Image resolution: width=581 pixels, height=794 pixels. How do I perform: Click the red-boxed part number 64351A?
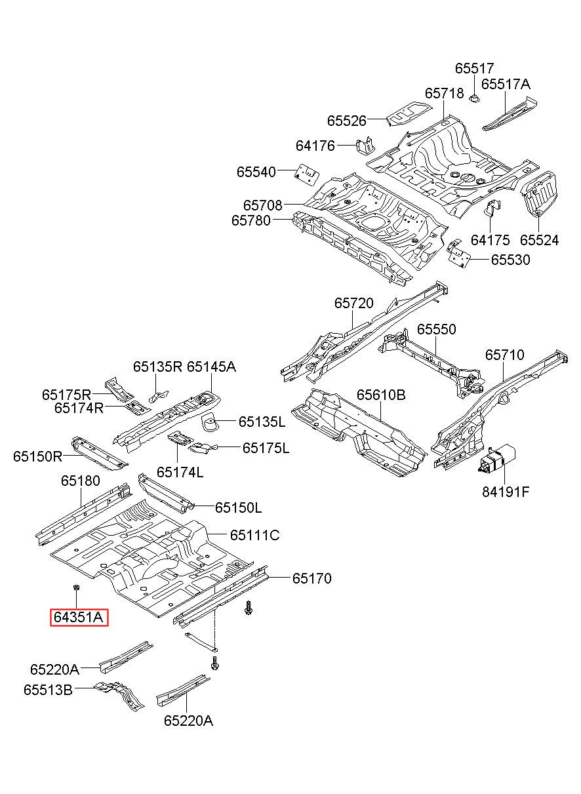click(x=78, y=618)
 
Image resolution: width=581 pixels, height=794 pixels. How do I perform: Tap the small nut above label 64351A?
click(x=77, y=587)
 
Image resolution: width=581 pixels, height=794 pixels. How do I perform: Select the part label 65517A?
click(x=506, y=84)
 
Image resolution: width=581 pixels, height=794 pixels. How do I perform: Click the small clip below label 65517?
click(x=474, y=98)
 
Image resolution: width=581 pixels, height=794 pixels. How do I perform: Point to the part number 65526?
click(x=346, y=121)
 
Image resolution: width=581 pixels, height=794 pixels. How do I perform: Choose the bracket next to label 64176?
click(x=365, y=146)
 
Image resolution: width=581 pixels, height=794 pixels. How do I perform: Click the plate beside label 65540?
click(x=307, y=173)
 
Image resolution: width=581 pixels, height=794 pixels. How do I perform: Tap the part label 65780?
click(x=250, y=220)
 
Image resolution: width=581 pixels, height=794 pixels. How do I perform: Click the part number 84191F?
click(x=506, y=492)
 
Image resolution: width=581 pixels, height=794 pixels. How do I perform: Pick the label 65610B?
click(x=381, y=395)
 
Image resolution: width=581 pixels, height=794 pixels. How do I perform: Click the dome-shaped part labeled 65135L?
click(x=210, y=422)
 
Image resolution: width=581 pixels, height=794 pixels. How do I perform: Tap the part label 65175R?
click(x=66, y=395)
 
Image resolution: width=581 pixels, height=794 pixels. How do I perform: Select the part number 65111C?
click(x=255, y=535)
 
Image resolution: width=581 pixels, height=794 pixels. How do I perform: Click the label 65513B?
click(x=48, y=690)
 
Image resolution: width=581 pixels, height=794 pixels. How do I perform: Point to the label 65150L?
click(x=238, y=508)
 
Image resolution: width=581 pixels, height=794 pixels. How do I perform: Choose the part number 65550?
click(x=436, y=329)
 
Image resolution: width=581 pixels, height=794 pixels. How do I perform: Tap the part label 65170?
click(x=311, y=578)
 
